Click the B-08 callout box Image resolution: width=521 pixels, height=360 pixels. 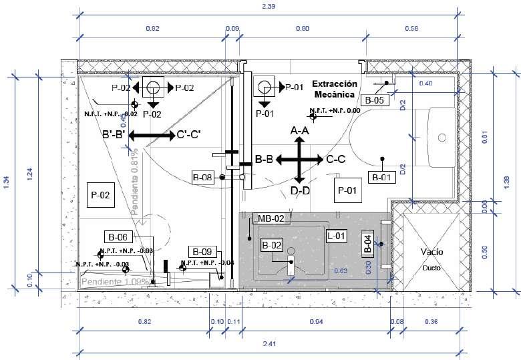(202, 178)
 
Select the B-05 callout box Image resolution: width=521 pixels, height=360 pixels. (374, 100)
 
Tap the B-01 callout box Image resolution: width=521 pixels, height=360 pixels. (381, 178)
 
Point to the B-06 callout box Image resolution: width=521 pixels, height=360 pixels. (118, 236)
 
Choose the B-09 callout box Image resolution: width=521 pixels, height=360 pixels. (202, 252)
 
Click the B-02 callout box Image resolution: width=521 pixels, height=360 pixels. (273, 245)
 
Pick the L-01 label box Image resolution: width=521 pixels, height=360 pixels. (337, 236)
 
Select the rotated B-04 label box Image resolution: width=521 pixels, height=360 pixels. (367, 244)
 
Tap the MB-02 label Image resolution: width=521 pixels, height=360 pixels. (271, 218)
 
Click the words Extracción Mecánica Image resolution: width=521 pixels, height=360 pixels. (335, 89)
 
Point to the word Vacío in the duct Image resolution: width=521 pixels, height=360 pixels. (431, 252)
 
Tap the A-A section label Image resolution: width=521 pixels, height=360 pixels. (300, 132)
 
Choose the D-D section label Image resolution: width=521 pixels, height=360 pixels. (300, 191)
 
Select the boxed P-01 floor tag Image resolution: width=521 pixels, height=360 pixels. (349, 190)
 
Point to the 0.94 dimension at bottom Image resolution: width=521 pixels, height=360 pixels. (314, 322)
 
